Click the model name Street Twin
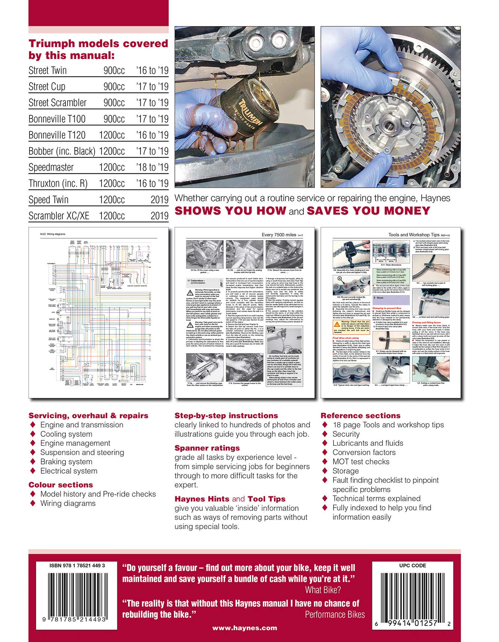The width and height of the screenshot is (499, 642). pyautogui.click(x=47, y=70)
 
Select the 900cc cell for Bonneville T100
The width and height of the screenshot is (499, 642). pyautogui.click(x=114, y=119)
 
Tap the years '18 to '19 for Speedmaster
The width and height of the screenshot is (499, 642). pyautogui.click(x=152, y=167)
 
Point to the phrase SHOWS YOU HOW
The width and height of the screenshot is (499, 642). pyautogui.click(x=230, y=211)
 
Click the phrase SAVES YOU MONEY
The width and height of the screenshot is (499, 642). pyautogui.click(x=368, y=211)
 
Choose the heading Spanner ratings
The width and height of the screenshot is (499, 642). pyautogui.click(x=207, y=448)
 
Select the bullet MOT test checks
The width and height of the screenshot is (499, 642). pyautogui.click(x=360, y=462)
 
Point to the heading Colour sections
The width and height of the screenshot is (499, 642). pyautogui.click(x=61, y=485)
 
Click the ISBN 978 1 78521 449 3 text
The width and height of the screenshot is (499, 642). pyautogui.click(x=77, y=566)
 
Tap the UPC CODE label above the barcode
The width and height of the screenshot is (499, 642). pyautogui.click(x=412, y=566)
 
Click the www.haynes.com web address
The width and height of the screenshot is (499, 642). pyautogui.click(x=245, y=628)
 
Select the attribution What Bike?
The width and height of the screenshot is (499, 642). pyautogui.click(x=323, y=590)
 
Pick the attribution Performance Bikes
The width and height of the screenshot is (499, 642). pyautogui.click(x=335, y=614)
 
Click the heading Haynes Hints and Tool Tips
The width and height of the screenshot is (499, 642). pyautogui.click(x=230, y=499)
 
